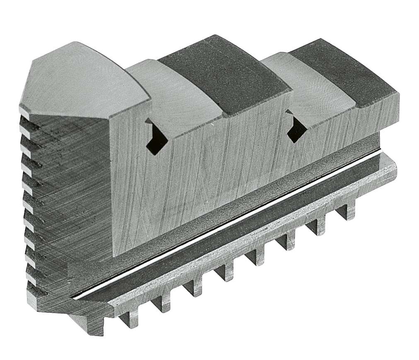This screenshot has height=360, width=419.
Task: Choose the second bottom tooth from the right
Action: [318, 226]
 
